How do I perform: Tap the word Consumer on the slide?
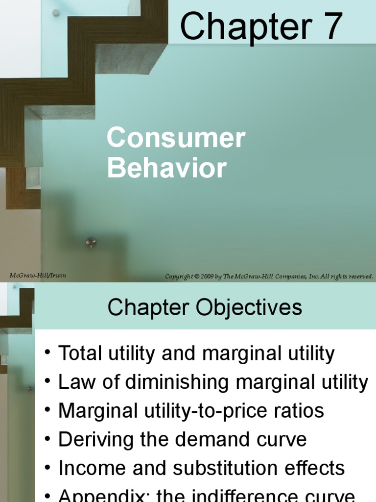(176, 138)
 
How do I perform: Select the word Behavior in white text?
(167, 168)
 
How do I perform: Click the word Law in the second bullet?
(74, 382)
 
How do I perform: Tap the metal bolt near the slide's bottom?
(91, 242)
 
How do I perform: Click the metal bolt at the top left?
(56, 12)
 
